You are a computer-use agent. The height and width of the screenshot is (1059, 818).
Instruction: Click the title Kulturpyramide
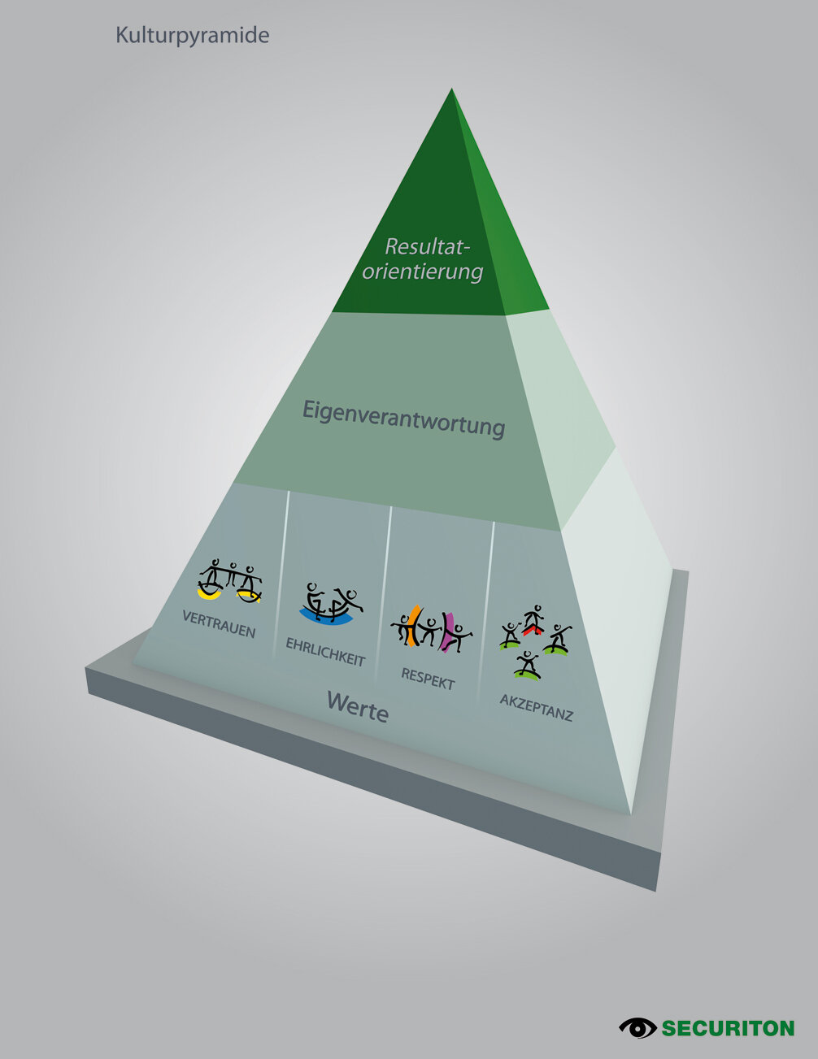(x=192, y=36)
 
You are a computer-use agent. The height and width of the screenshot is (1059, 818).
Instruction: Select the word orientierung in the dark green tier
(x=423, y=271)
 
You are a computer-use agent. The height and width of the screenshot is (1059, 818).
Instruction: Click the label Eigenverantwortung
(x=404, y=418)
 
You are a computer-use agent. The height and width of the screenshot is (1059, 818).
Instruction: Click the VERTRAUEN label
(x=219, y=624)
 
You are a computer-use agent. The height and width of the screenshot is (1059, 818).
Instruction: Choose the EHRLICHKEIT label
(x=325, y=651)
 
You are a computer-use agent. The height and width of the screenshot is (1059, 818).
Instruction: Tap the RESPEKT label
(x=428, y=678)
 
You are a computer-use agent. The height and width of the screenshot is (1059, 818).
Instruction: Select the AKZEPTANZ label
(x=536, y=707)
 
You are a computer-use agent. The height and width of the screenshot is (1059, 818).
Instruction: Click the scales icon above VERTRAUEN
(x=231, y=581)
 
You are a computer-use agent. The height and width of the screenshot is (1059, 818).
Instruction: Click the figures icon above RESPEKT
(x=431, y=629)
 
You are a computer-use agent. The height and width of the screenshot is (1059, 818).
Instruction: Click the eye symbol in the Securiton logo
(x=637, y=1027)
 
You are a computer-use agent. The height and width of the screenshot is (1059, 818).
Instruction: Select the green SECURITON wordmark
(x=728, y=1028)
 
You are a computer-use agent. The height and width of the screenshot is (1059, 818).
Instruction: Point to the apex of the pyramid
(x=451, y=91)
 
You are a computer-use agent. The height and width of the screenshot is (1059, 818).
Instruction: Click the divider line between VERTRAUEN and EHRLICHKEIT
(x=282, y=569)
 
